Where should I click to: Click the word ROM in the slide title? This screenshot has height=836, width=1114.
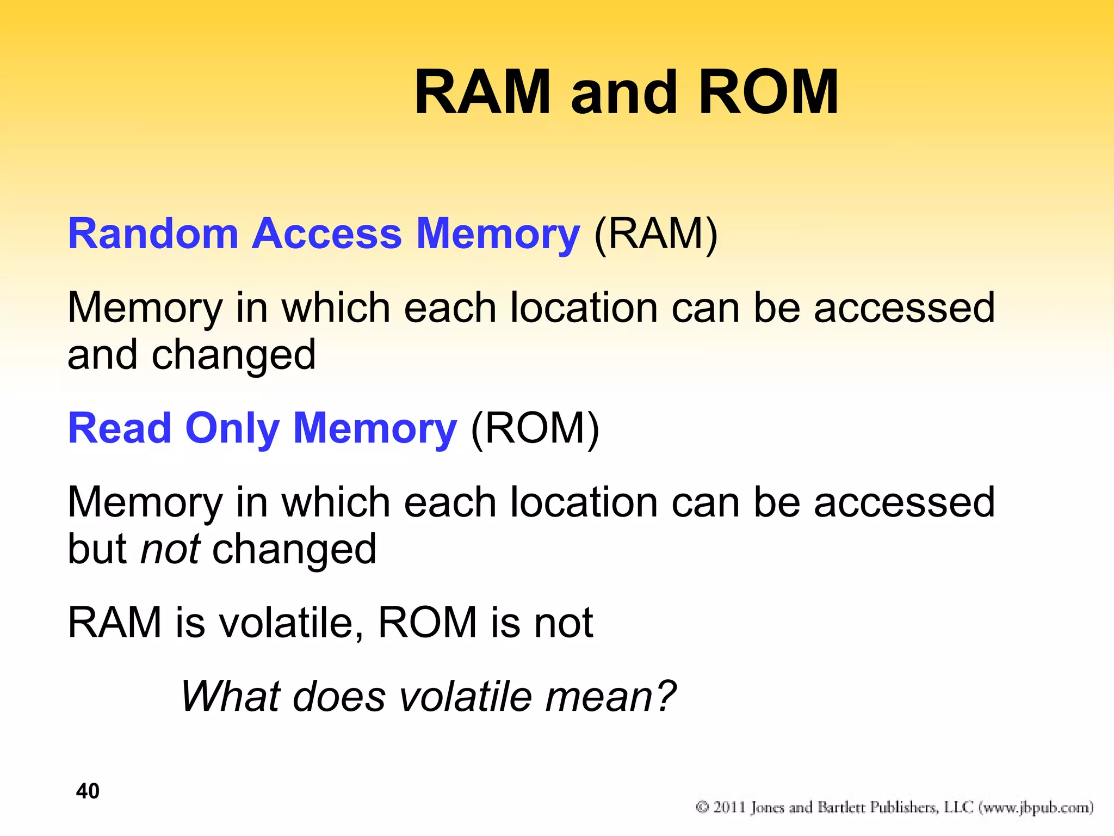pyautogui.click(x=769, y=93)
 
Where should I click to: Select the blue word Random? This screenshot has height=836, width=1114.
pyautogui.click(x=153, y=234)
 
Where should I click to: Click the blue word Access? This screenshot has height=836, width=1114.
pyautogui.click(x=326, y=234)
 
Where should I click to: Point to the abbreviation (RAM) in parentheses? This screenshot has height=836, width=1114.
pyautogui.click(x=656, y=234)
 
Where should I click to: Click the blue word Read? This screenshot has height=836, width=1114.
pyautogui.click(x=120, y=428)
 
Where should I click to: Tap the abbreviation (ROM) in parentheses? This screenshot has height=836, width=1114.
pyautogui.click(x=535, y=428)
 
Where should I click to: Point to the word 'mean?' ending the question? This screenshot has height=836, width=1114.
pyautogui.click(x=610, y=697)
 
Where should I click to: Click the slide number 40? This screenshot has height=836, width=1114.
pyautogui.click(x=88, y=791)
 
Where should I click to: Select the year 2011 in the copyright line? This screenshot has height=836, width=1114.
pyautogui.click(x=729, y=807)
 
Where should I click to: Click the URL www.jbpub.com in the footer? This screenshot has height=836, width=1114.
pyautogui.click(x=1036, y=807)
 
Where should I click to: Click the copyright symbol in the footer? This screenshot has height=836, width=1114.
pyautogui.click(x=702, y=807)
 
